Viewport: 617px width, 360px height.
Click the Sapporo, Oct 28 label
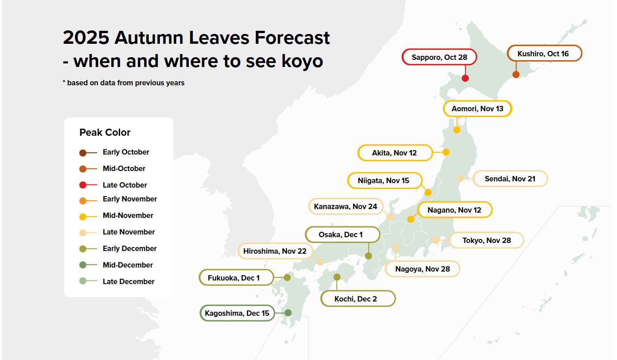pos(439,57)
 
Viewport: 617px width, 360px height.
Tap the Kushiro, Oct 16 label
pos(544,54)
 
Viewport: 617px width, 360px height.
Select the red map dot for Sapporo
pos(465,78)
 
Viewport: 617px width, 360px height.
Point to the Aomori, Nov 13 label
pos(477,109)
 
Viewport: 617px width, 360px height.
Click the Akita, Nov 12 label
pos(395,153)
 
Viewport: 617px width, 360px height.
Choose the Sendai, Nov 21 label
pos(510,179)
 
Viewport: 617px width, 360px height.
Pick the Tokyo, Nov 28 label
pos(486,240)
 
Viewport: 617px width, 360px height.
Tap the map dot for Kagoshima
pos(288,313)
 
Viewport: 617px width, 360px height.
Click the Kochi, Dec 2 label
pos(358,299)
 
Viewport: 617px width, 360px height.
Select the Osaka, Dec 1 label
pos(342,234)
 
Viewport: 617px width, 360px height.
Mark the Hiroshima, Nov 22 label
pos(275,251)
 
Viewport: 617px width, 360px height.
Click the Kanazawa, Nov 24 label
pos(346,206)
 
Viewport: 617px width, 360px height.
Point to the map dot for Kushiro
pos(516,75)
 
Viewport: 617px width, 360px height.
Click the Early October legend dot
pos(83,153)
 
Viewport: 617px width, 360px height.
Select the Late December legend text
pos(129,281)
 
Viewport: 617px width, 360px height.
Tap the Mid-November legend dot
pos(83,217)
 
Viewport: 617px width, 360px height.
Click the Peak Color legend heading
pos(105,133)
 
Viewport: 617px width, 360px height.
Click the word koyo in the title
pos(300,61)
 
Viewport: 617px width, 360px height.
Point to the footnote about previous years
pos(124,83)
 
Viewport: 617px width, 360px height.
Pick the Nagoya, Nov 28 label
pos(422,269)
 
